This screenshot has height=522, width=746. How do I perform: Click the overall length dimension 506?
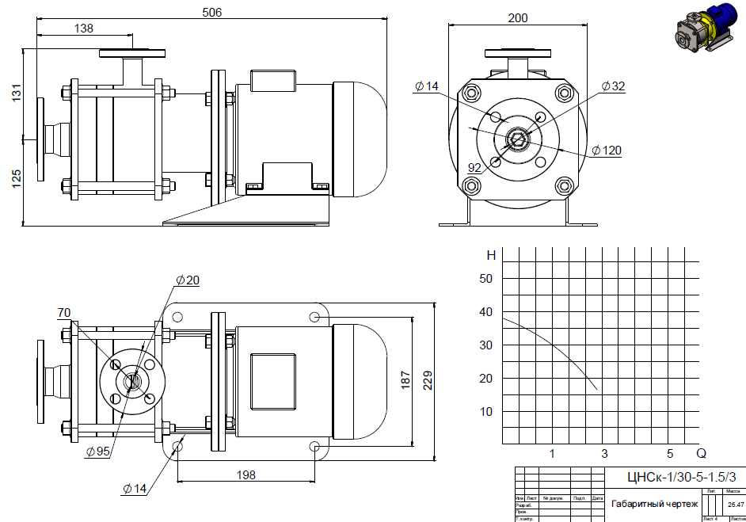point(212,12)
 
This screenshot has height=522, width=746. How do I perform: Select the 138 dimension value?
point(83,29)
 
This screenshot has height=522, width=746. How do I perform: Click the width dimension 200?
point(518,17)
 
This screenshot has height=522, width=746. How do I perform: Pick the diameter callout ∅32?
point(613,86)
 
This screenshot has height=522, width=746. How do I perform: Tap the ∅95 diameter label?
point(97,452)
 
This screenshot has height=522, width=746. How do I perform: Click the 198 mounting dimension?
point(245,474)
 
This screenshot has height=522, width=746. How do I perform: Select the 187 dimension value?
point(405,379)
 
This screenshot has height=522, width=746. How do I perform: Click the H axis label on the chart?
point(491,255)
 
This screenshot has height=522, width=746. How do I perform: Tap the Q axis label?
point(701,454)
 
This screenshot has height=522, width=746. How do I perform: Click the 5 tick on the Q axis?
point(670,454)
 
